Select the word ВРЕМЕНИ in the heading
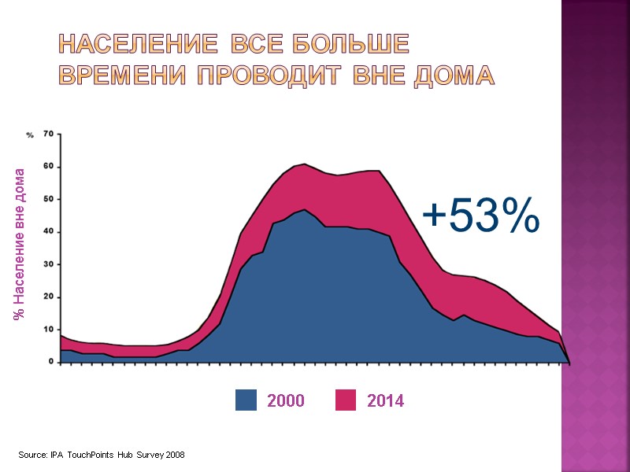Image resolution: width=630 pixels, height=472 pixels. click(x=123, y=76)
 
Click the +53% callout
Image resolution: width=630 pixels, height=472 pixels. click(x=481, y=216)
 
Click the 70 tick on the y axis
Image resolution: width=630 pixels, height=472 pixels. click(x=48, y=134)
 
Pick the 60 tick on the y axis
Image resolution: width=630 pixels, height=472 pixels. click(x=48, y=166)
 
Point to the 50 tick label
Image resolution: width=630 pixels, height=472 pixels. click(x=48, y=199)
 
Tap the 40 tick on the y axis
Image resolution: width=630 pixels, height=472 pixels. click(x=48, y=231)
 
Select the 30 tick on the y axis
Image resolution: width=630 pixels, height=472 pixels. click(x=48, y=264)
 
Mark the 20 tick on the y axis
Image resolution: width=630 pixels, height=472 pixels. click(x=48, y=297)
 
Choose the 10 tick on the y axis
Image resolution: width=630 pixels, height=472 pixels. click(x=48, y=330)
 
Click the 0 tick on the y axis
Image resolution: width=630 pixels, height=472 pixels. click(x=50, y=362)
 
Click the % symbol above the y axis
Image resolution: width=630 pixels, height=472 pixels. click(x=30, y=135)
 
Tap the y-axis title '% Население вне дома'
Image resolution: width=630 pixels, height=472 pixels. click(x=19, y=244)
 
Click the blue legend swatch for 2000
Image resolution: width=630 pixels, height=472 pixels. click(x=246, y=400)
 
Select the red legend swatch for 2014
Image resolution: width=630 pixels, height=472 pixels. click(x=346, y=400)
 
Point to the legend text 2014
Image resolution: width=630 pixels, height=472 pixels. click(x=386, y=401)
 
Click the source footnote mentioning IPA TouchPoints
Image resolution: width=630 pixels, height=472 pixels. click(x=102, y=455)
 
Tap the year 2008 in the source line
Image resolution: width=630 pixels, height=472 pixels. click(x=175, y=455)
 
